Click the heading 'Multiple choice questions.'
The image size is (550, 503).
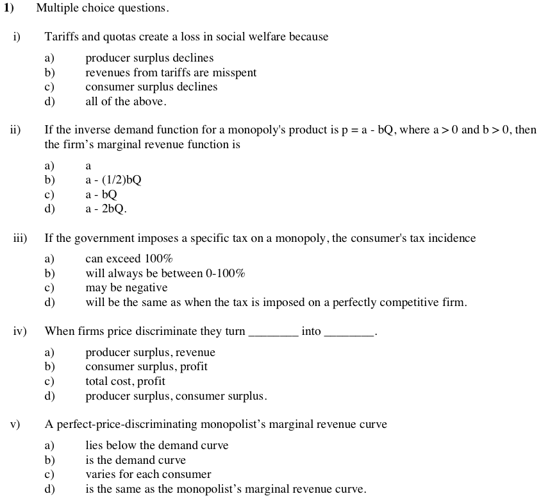coord(103,8)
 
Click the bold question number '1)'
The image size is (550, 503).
coord(9,8)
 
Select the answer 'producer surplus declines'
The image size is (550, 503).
coord(149,58)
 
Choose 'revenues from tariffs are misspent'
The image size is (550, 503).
coord(171,72)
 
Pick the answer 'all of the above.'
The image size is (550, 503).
coord(126,101)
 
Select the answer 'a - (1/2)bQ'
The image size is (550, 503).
coord(113,180)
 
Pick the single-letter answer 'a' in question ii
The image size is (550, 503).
coord(88,166)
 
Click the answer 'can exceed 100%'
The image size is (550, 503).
coord(129,259)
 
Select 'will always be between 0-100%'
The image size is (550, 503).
coord(165,273)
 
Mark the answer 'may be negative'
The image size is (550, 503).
coord(126,288)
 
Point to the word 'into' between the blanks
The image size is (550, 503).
coord(311,332)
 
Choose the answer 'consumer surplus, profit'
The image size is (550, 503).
coord(146,367)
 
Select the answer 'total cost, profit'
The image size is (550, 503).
coord(125,381)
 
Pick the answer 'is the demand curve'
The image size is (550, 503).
coord(135,460)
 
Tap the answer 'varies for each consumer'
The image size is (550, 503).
coord(148,475)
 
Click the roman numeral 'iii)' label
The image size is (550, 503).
coord(20,239)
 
